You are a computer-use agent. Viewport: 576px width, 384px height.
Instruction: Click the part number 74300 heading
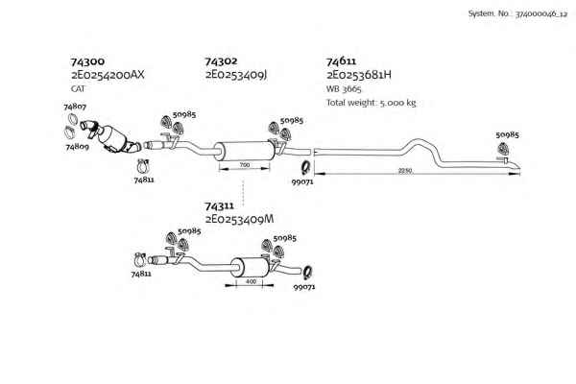pos(87,61)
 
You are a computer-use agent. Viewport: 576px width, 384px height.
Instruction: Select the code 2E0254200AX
pos(108,75)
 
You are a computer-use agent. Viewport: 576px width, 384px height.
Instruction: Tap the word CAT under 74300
pos(78,88)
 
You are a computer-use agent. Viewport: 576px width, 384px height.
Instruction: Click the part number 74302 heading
pos(221,61)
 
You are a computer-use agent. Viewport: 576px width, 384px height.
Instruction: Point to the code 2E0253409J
pos(235,75)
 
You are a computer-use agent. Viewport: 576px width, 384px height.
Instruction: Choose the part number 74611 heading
pos(341,61)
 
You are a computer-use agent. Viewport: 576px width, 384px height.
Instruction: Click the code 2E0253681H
pos(359,75)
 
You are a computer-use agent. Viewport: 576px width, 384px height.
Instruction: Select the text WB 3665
pos(344,89)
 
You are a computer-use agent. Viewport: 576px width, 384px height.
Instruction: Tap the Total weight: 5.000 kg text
pos(372,103)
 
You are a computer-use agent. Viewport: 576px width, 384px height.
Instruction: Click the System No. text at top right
pos(517,14)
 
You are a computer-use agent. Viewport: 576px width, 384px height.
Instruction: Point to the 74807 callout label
pos(75,107)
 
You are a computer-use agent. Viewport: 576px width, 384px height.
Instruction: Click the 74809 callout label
pos(77,147)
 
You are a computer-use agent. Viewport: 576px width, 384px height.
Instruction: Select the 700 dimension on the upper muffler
pos(244,165)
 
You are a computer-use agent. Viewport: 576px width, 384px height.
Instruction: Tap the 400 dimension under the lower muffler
pos(251,282)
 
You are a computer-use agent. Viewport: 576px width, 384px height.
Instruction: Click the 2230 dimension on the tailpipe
pos(405,171)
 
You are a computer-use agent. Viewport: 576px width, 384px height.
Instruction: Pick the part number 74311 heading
pos(219,205)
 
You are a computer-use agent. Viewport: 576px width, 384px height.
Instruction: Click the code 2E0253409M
pos(239,220)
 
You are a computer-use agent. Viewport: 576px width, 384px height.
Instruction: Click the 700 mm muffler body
pos(244,151)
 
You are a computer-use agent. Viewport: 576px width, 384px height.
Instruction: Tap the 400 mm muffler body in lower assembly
pos(250,268)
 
